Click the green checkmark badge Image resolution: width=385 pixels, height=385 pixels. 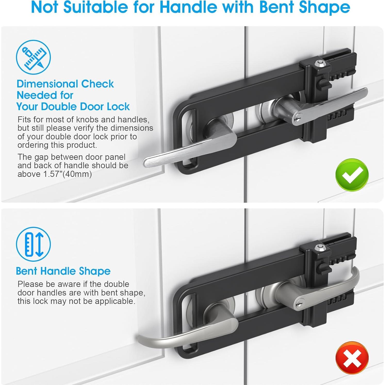(x=352, y=175)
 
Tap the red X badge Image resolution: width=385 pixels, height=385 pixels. (x=352, y=358)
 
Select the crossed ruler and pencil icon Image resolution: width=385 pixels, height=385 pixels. (x=33, y=57)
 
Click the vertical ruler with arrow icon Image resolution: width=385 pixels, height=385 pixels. (x=33, y=244)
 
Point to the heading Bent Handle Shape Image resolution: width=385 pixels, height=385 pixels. (x=63, y=271)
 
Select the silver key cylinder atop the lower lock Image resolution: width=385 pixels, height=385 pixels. (x=320, y=247)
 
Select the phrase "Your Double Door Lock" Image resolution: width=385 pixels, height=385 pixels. (x=73, y=107)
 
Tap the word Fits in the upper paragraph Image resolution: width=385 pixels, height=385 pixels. (x=24, y=120)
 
